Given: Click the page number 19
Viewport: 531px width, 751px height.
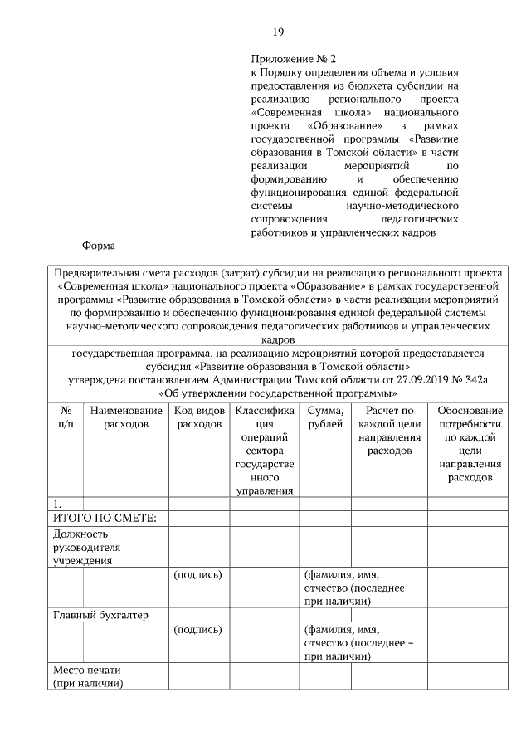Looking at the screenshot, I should [279, 32].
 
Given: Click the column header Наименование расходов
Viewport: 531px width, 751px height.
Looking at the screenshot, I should [126, 417].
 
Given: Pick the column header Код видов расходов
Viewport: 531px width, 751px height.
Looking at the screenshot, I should [199, 417].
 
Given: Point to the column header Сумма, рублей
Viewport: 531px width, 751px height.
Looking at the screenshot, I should [324, 417].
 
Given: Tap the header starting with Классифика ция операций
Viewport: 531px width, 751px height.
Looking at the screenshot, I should [264, 450].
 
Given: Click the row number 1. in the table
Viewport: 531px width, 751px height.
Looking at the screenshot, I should [56, 504].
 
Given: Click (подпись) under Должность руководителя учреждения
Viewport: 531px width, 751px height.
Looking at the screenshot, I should [197, 574].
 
